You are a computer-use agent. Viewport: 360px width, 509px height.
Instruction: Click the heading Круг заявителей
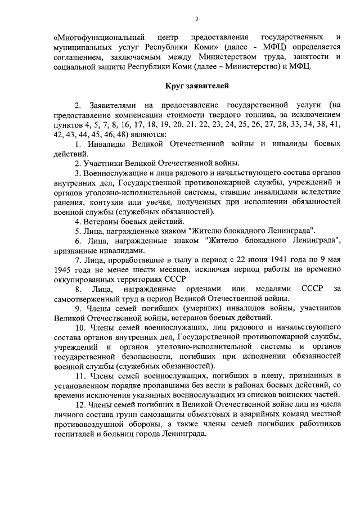[x=197, y=85]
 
